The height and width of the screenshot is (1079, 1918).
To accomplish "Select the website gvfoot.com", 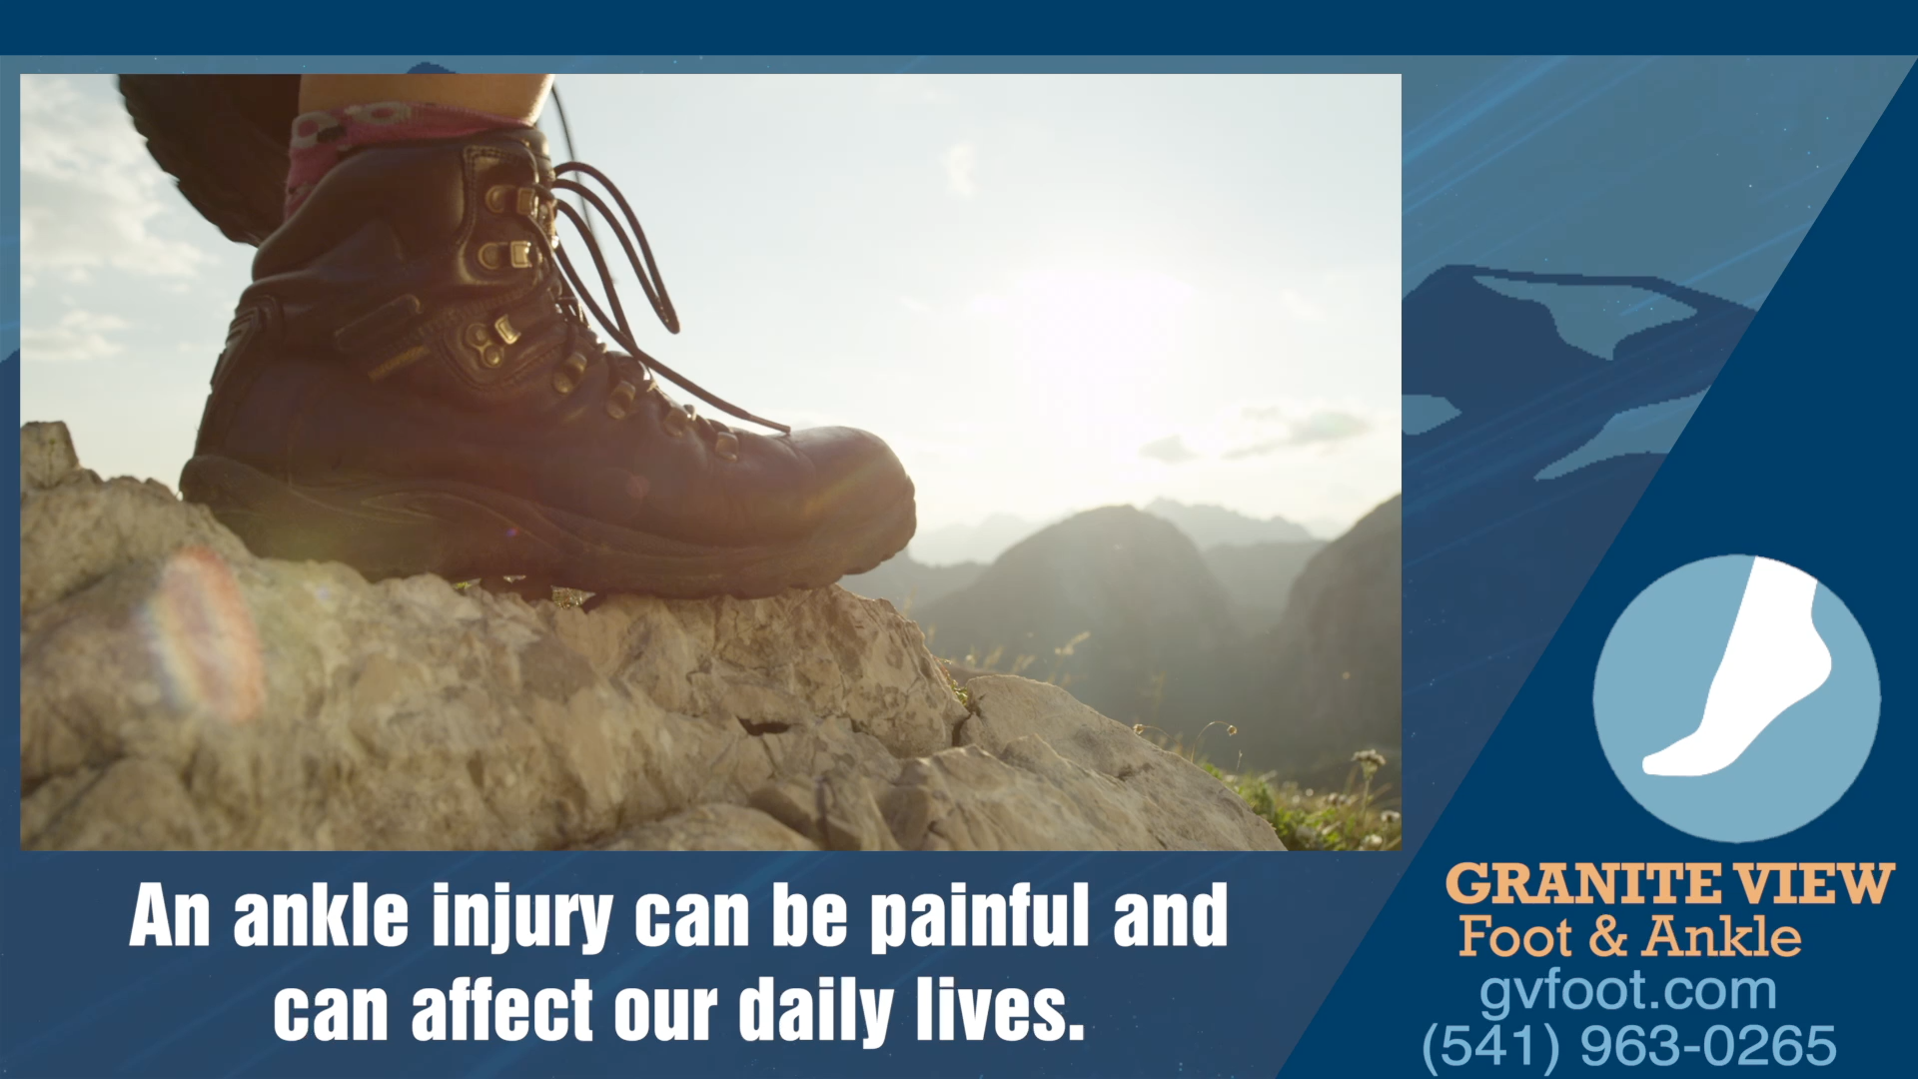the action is coord(1628,992).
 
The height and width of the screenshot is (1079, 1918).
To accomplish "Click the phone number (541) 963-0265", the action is coord(1629,1045).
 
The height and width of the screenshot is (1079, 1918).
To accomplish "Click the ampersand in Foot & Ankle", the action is coord(1608,937).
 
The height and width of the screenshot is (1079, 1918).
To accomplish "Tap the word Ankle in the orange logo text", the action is coord(1723,937).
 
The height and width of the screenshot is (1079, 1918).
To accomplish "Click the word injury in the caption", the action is coord(521,917).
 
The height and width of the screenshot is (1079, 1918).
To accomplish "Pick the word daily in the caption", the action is coord(816,1011).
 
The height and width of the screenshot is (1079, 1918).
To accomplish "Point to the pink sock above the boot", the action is coord(400,140).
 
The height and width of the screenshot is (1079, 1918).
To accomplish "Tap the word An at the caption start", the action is coord(170,915).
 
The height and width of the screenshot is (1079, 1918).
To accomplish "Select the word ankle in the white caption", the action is coord(321,915).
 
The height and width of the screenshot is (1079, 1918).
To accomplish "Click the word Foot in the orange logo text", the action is coord(1515,937).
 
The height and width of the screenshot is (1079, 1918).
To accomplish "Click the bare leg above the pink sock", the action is coord(425,92).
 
